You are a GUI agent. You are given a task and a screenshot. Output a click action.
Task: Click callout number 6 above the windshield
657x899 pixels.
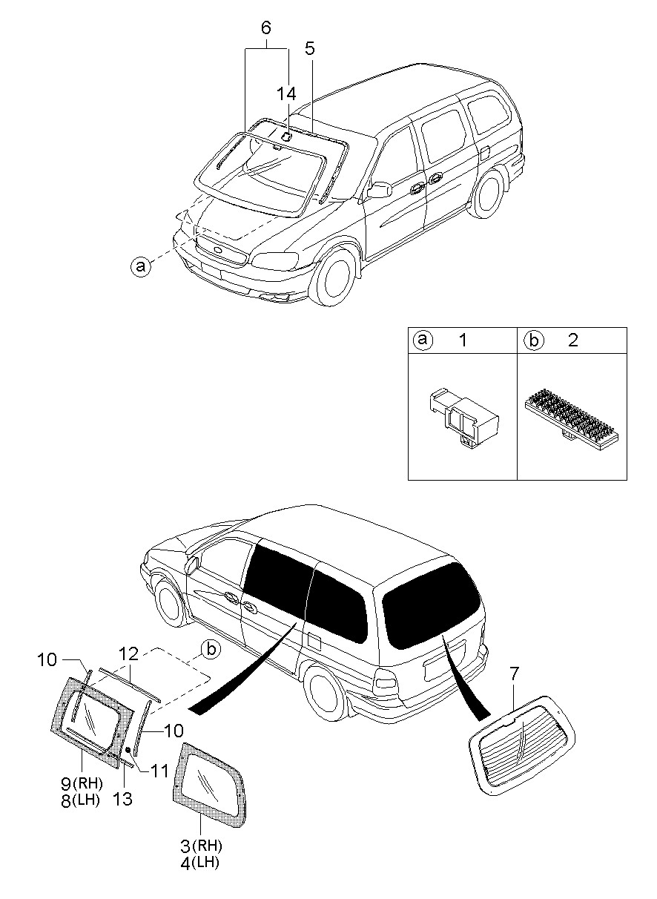coord(266,28)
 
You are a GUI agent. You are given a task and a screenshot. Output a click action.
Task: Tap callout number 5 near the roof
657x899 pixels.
coord(310,49)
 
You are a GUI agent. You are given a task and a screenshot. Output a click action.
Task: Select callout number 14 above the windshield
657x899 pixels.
coord(286,93)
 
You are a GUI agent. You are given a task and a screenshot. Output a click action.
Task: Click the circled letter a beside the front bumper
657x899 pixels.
coord(139,265)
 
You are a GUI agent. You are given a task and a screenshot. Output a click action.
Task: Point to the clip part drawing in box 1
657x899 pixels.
coord(460,418)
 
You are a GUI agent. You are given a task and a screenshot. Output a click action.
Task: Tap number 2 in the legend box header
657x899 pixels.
coord(572,340)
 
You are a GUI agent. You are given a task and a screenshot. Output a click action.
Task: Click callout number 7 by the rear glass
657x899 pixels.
coord(514,674)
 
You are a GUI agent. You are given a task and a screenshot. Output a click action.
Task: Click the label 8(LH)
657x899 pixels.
coord(82,799)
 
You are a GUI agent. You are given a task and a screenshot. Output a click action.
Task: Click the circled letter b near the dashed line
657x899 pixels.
coord(211,650)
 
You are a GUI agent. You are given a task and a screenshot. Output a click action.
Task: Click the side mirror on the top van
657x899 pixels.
coord(379,190)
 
